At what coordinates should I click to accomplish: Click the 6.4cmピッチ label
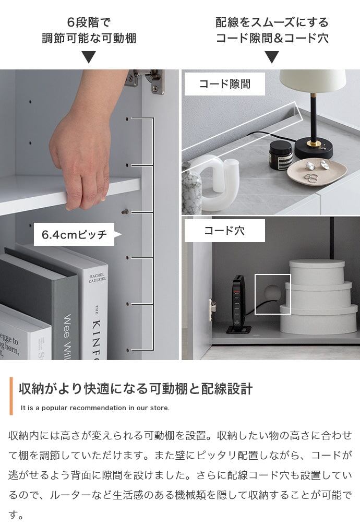tap(74, 234)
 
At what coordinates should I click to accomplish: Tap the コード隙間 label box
tap(225, 83)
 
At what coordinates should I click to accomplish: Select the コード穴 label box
tap(225, 230)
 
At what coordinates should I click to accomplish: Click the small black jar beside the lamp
tap(281, 154)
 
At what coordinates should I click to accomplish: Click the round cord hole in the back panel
tap(272, 293)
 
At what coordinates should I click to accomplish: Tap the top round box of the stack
tap(317, 272)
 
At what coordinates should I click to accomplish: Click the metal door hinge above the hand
tap(145, 80)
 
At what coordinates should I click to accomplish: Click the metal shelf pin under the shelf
tap(125, 211)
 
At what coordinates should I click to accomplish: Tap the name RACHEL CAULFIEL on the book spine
tap(98, 278)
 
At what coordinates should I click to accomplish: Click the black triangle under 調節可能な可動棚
tap(89, 57)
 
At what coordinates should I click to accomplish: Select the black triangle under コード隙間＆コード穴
tap(272, 57)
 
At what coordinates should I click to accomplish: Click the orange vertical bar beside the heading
tap(11, 396)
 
